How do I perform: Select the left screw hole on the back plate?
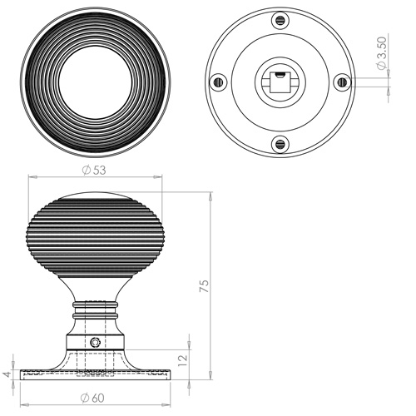[218, 82]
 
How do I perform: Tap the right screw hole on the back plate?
[341, 82]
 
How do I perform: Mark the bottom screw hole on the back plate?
[280, 143]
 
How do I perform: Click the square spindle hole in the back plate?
[280, 82]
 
